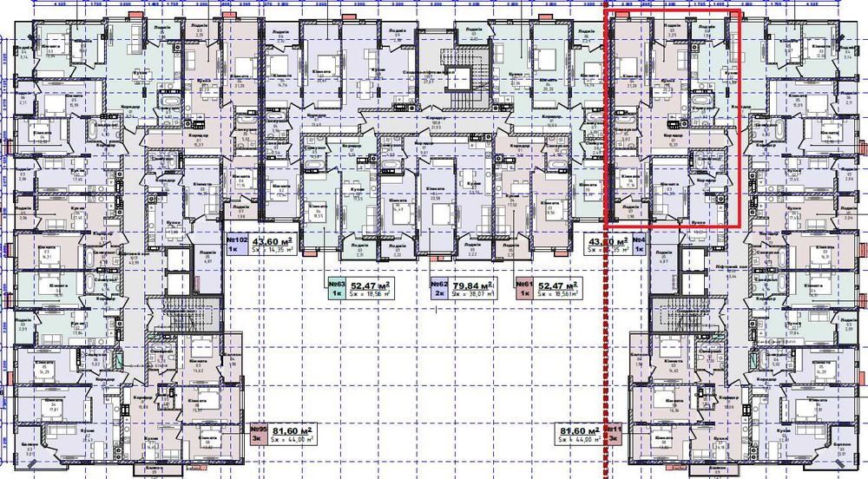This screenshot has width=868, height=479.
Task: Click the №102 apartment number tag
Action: (238, 240)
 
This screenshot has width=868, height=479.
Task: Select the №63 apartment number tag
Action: (338, 284)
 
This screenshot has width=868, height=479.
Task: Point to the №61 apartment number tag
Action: (524, 284)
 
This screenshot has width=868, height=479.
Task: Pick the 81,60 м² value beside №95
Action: (293, 430)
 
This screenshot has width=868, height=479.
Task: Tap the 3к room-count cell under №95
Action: (257, 440)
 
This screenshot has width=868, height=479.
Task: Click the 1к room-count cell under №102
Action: (233, 252)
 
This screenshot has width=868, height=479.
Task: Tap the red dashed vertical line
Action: (603, 347)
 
